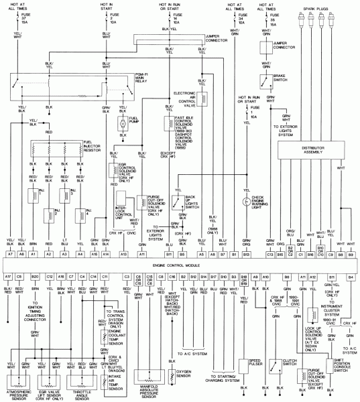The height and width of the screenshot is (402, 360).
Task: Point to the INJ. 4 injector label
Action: click(x=98, y=214)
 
